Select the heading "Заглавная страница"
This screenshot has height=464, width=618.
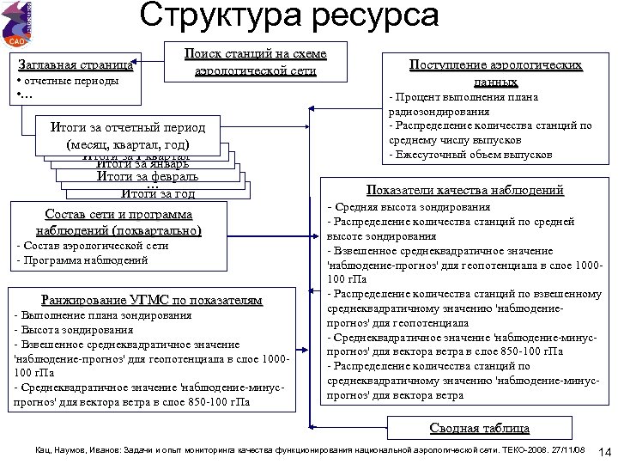point(76,64)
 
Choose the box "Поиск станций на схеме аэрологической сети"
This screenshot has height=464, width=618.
point(256,62)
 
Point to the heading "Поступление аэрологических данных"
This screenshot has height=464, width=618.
point(495,73)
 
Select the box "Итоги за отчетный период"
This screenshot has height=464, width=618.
point(128,136)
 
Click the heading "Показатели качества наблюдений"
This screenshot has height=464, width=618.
point(465,190)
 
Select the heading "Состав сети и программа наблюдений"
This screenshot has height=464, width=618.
point(118,222)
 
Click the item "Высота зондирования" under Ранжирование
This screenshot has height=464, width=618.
point(77,329)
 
